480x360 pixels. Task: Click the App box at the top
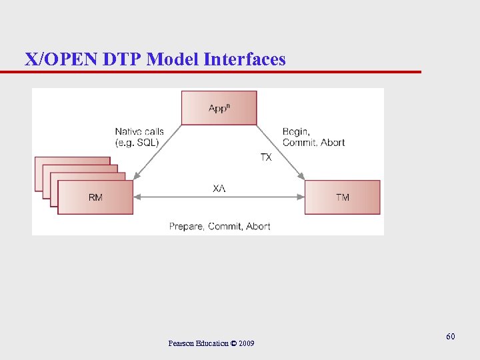point(219,107)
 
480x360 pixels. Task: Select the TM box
point(342,197)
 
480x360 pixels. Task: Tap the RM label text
point(95,197)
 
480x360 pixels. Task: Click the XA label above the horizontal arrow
point(219,189)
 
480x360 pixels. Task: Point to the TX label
point(266,157)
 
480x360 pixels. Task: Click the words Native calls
point(139,132)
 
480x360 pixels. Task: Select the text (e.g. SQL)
point(137,143)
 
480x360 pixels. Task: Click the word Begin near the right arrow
point(295,132)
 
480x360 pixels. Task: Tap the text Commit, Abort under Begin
point(313,143)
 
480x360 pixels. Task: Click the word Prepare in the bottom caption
point(186,227)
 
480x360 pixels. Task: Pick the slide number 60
point(451,337)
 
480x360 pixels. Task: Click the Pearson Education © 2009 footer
point(211,343)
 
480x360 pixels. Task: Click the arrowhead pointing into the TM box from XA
point(301,197)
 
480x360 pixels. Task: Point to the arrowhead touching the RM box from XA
point(137,197)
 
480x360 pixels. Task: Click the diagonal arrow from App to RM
point(159,153)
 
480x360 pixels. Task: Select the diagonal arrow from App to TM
point(280,153)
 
